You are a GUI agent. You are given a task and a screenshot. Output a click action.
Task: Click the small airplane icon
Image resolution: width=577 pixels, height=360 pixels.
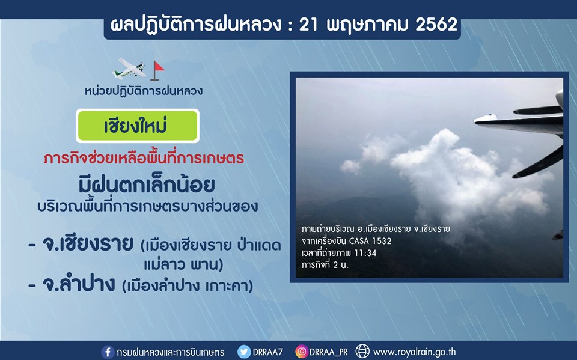(129, 69)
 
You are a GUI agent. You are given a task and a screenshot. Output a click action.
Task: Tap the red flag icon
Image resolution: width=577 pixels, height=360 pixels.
(157, 71)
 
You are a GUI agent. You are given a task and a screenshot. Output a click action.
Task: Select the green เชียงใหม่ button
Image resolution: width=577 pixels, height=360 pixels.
(138, 126)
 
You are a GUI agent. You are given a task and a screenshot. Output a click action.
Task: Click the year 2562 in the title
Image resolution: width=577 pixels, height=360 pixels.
(436, 25)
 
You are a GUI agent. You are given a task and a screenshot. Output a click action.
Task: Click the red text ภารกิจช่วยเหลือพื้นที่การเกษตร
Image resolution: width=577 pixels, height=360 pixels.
(144, 159)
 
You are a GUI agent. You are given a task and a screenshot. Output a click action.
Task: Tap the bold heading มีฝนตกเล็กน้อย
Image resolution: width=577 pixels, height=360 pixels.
(147, 185)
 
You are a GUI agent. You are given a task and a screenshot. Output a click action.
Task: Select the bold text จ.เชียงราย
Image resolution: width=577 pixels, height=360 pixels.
(88, 243)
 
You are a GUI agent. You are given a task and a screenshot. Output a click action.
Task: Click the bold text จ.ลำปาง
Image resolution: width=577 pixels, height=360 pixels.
(79, 284)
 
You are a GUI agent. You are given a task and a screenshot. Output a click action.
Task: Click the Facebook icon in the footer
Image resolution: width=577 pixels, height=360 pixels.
(108, 352)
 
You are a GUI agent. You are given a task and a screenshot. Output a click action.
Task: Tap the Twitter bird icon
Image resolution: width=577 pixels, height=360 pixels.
(243, 352)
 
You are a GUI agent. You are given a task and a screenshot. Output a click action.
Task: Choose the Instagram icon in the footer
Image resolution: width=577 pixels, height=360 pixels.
(301, 352)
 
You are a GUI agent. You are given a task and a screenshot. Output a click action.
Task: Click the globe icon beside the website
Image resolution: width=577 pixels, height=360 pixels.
(362, 352)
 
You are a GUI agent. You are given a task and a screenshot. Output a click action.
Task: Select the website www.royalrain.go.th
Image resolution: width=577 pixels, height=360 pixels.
(414, 352)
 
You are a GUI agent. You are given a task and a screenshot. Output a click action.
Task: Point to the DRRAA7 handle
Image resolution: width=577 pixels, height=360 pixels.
(268, 352)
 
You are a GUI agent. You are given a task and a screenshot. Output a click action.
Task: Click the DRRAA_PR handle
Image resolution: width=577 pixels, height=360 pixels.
(328, 352)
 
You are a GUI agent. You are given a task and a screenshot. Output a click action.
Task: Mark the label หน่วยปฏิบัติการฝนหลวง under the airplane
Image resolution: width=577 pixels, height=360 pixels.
(144, 91)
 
